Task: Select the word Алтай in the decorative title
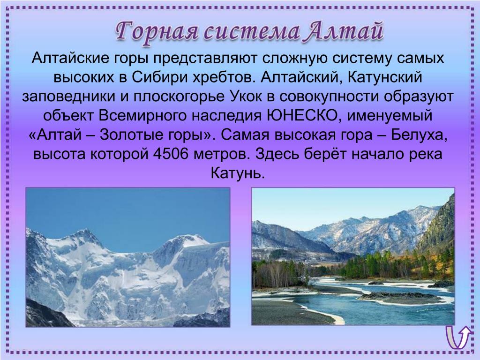click(343, 31)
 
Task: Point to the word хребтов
click(224, 77)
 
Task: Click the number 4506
click(170, 154)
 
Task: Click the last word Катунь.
click(238, 173)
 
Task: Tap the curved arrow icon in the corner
click(458, 337)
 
